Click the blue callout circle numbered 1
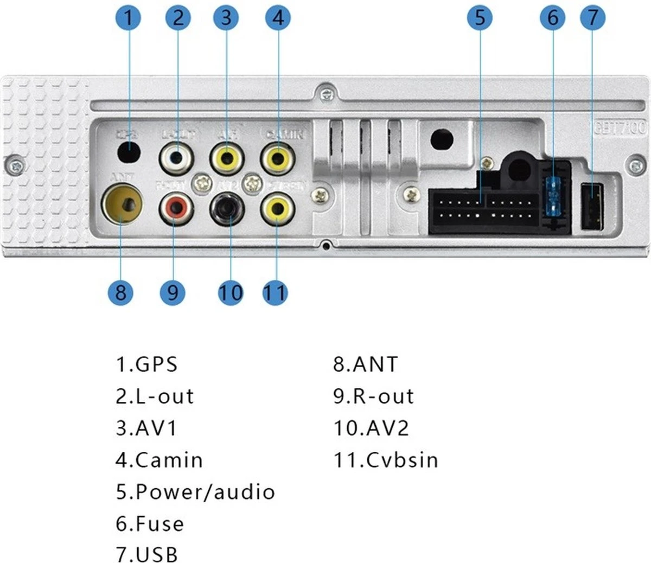tap(129, 17)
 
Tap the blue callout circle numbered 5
tap(480, 17)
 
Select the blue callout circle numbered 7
tap(592, 17)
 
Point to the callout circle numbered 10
tap(231, 292)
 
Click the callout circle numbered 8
tap(120, 292)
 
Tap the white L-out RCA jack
tap(176, 157)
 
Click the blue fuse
tap(554, 197)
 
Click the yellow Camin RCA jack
tap(278, 157)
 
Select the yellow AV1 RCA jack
tap(227, 157)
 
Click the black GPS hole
tap(129, 151)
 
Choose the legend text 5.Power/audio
tap(195, 492)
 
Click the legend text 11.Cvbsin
tap(386, 460)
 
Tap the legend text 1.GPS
tap(146, 364)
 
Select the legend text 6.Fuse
tap(150, 524)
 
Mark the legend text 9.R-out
tap(373, 396)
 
